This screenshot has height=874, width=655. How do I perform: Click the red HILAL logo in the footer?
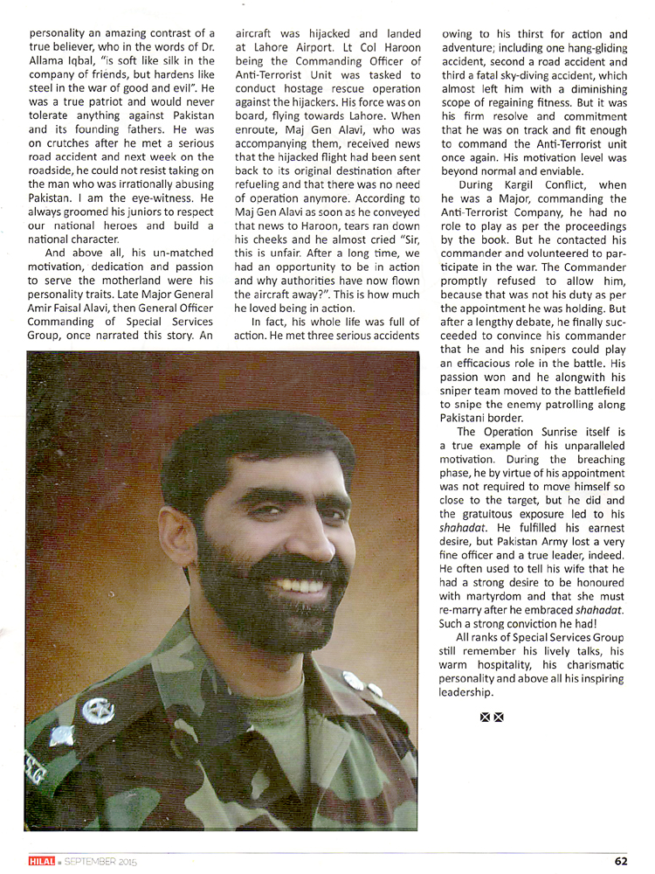coord(40,860)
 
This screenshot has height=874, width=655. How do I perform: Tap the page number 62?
coord(621,860)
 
